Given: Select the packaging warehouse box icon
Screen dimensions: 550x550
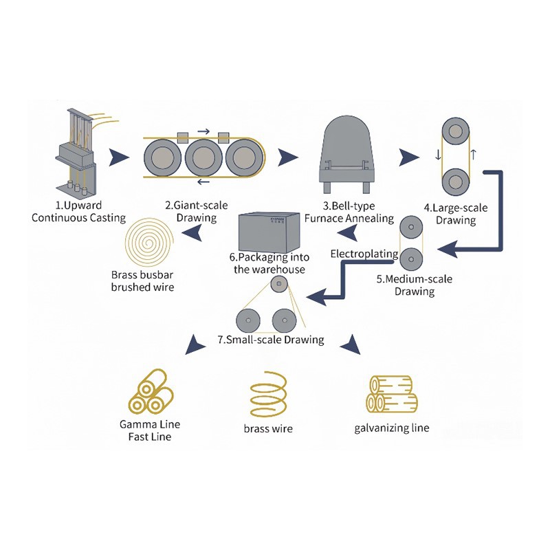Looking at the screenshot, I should pos(271,231).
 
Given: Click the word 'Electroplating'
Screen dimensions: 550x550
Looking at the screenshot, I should pos(364,254).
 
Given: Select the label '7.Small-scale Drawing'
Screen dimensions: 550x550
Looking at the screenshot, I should pos(270,340).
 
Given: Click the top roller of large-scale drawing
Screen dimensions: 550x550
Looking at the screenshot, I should pos(456,131).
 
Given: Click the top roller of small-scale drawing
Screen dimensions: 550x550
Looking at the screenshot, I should pos(278,285).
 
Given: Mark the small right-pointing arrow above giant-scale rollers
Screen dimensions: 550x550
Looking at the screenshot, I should pos(203,130).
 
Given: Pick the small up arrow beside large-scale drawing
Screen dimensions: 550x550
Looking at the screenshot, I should pos(474,153).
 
